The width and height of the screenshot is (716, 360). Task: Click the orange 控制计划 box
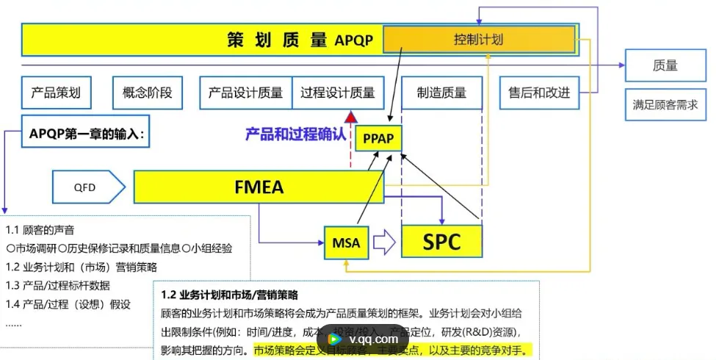(479, 39)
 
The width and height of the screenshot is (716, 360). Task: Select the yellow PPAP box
(377, 137)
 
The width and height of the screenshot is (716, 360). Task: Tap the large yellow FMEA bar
(259, 187)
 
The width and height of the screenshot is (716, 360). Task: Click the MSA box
(346, 243)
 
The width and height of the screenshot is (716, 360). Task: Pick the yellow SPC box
(441, 242)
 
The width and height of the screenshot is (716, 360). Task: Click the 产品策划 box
(56, 93)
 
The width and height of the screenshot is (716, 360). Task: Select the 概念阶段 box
(142, 93)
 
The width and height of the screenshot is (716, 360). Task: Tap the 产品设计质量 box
(245, 93)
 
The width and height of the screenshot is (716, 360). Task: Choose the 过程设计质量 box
(338, 93)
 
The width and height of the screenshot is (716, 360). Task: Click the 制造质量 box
(441, 93)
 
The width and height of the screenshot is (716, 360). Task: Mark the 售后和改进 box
(539, 93)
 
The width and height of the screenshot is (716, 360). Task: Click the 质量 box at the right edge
(665, 65)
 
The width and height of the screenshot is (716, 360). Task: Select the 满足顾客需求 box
(665, 104)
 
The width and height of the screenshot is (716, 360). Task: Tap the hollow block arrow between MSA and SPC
(384, 242)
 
